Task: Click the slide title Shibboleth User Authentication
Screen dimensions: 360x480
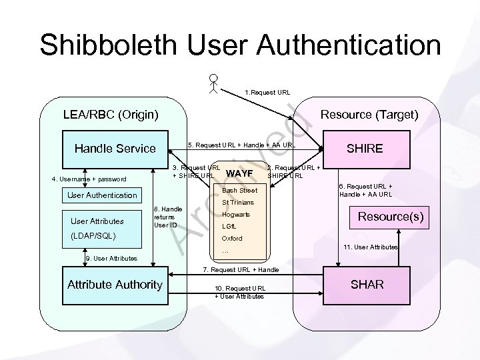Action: pyautogui.click(x=240, y=45)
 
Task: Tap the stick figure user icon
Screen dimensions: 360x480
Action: pyautogui.click(x=213, y=83)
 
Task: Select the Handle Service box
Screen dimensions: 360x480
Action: pyautogui.click(x=115, y=149)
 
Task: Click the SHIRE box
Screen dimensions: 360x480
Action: pyautogui.click(x=365, y=148)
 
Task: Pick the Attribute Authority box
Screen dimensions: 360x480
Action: pyautogui.click(x=115, y=285)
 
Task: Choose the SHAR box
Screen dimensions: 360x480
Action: pyautogui.click(x=366, y=285)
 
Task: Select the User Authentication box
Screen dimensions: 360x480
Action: pyautogui.click(x=102, y=195)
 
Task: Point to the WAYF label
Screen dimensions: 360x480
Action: pyautogui.click(x=240, y=175)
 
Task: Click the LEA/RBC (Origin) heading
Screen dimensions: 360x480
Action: pyautogui.click(x=110, y=115)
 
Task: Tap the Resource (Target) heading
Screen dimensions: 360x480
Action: pyautogui.click(x=369, y=115)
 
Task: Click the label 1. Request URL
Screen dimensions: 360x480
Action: pyautogui.click(x=267, y=91)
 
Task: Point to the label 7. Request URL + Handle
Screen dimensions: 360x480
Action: pyautogui.click(x=240, y=269)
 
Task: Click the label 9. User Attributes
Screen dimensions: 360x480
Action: pyautogui.click(x=111, y=258)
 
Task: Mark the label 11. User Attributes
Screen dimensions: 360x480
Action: pyautogui.click(x=371, y=247)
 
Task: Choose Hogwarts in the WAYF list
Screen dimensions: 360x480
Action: pyautogui.click(x=237, y=215)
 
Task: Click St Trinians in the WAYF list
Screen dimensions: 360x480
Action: pyautogui.click(x=238, y=202)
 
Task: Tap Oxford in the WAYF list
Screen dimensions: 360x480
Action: pyautogui.click(x=232, y=239)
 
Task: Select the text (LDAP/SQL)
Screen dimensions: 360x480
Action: pyautogui.click(x=93, y=236)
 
